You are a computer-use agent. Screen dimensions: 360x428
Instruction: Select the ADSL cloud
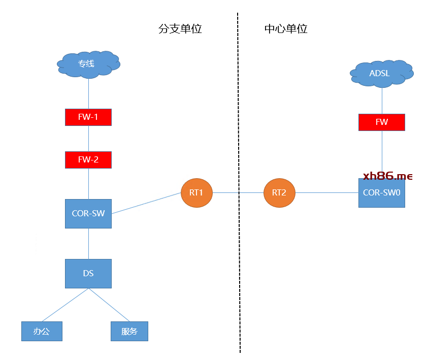click(x=381, y=74)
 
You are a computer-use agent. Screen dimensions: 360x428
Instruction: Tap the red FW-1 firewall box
click(x=88, y=117)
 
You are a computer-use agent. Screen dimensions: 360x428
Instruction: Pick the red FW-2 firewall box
click(x=88, y=160)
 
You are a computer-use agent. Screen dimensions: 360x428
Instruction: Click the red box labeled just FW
click(x=381, y=122)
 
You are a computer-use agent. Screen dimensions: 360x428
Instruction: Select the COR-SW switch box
click(x=88, y=214)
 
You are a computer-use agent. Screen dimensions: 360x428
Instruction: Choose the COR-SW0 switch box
click(x=381, y=193)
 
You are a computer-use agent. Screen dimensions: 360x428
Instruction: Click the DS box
click(x=88, y=274)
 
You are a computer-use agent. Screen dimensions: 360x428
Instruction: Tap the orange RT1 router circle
click(x=196, y=193)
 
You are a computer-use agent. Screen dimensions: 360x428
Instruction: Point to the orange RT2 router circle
click(x=279, y=193)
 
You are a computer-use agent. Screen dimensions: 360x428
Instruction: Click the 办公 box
click(x=42, y=331)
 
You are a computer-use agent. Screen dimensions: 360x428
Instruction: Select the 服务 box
click(x=129, y=331)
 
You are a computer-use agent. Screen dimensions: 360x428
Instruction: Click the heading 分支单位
click(x=180, y=28)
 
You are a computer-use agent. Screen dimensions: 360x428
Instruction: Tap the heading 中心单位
click(x=286, y=28)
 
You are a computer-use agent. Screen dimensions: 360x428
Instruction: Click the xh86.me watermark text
click(x=388, y=176)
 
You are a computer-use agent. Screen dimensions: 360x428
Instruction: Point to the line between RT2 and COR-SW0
click(x=326, y=193)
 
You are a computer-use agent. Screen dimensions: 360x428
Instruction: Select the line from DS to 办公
click(x=65, y=305)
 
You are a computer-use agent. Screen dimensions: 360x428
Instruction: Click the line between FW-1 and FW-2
click(x=88, y=139)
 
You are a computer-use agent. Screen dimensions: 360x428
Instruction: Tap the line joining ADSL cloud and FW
click(x=381, y=101)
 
